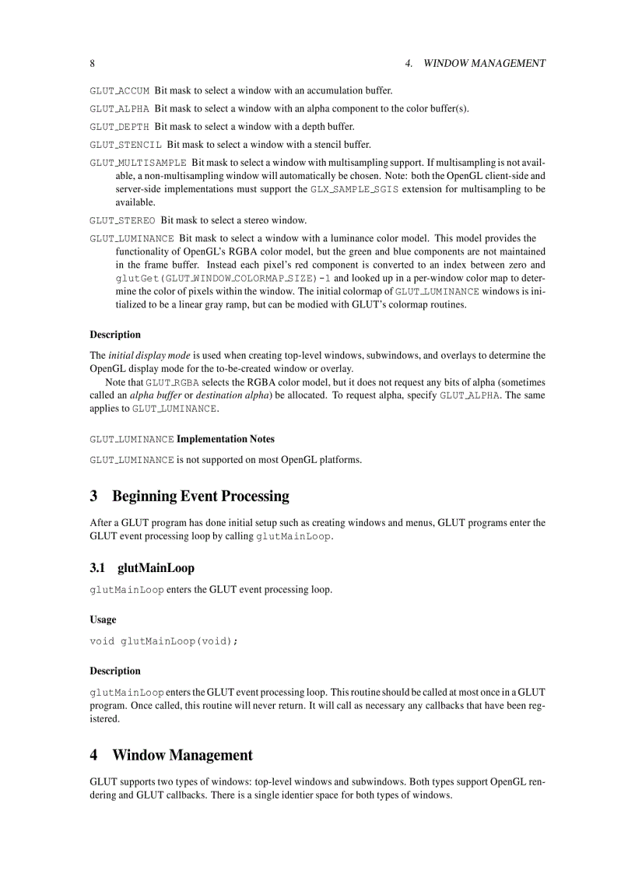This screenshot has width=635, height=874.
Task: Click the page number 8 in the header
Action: [x=93, y=63]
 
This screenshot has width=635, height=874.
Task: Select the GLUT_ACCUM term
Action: [x=119, y=91]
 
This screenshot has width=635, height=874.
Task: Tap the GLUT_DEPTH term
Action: [x=119, y=127]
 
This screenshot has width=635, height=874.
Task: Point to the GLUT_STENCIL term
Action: [x=125, y=145]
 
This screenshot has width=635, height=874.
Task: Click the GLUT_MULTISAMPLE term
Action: [x=138, y=163]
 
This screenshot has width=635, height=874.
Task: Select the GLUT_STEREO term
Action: [x=122, y=220]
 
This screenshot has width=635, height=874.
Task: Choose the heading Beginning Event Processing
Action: [x=200, y=497]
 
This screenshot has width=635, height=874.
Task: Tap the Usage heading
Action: [x=103, y=620]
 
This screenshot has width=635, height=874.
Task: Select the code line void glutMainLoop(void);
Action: [x=163, y=641]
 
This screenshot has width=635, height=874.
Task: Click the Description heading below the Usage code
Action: [x=115, y=671]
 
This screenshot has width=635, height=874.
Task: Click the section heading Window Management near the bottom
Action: [x=182, y=755]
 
